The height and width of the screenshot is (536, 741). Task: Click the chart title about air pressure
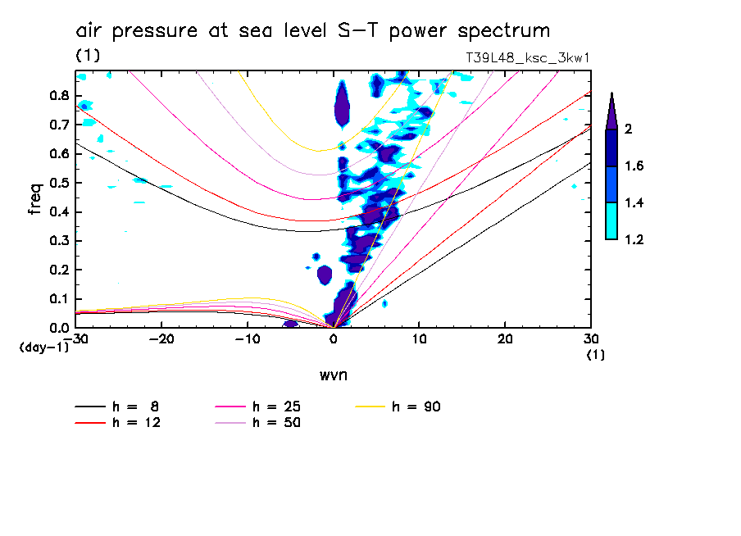[312, 32]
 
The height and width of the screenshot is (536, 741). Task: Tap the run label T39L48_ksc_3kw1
[527, 57]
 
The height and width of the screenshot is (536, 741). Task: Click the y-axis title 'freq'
[35, 199]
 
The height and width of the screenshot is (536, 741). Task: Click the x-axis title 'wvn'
[333, 375]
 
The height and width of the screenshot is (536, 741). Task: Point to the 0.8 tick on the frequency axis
[59, 95]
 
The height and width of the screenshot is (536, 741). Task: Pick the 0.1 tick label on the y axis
[59, 298]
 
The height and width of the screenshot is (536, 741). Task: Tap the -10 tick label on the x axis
[248, 338]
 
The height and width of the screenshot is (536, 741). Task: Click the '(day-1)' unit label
[43, 347]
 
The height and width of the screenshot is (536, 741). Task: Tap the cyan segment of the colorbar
[611, 221]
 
